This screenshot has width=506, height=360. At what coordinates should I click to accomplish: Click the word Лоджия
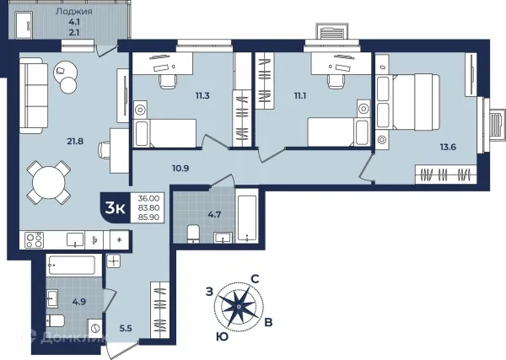click(74, 12)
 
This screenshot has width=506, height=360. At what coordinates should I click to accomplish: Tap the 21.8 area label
click(76, 141)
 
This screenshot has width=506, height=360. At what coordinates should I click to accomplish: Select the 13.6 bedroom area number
click(449, 147)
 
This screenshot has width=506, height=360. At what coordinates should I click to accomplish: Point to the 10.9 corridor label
click(180, 168)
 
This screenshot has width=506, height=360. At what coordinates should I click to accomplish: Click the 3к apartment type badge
click(116, 208)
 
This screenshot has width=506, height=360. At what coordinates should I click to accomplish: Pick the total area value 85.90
click(148, 218)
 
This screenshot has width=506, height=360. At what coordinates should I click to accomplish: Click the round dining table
click(49, 182)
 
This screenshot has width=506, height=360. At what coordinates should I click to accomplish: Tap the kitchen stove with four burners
click(35, 240)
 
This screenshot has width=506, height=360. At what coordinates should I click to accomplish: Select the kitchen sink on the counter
click(75, 240)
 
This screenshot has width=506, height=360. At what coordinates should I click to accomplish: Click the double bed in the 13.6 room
click(408, 102)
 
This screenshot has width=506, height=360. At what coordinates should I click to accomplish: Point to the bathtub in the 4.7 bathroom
click(247, 215)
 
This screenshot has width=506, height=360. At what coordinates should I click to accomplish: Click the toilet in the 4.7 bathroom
click(194, 234)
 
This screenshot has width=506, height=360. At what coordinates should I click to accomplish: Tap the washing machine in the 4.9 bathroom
click(95, 329)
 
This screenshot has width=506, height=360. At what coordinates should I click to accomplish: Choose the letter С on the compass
click(255, 279)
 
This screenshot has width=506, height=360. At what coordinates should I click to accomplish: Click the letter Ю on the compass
click(223, 337)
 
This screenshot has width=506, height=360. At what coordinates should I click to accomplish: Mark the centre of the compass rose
click(239, 306)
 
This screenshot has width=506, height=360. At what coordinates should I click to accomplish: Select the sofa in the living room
click(31, 95)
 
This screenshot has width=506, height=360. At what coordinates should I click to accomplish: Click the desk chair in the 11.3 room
click(167, 81)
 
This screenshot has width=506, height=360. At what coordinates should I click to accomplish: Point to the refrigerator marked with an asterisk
click(120, 239)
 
